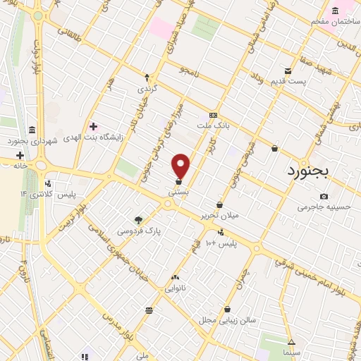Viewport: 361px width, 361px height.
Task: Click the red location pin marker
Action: (180, 166)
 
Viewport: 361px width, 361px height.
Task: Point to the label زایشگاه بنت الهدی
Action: (94, 138)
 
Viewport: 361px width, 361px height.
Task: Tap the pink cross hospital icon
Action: (93, 127)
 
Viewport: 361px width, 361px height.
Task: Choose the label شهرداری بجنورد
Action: (32, 141)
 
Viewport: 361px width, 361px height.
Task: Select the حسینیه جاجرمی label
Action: (324, 207)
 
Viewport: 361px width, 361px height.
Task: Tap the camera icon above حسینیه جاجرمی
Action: (324, 196)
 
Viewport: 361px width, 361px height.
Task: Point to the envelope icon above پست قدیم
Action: (288, 71)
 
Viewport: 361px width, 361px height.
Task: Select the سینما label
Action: (290, 351)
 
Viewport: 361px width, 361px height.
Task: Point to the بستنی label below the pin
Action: (178, 192)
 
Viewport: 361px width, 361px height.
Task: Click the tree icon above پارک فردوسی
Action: (138, 219)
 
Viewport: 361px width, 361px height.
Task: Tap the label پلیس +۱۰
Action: (215, 243)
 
